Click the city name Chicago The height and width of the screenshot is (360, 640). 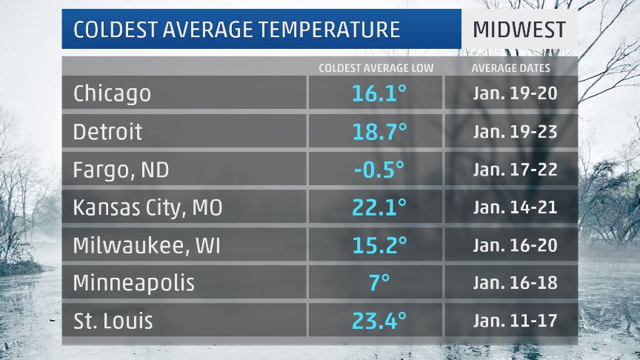click(x=112, y=93)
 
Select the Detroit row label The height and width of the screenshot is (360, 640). click(x=107, y=132)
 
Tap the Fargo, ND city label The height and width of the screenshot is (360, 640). click(x=121, y=170)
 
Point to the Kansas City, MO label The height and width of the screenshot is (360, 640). click(x=147, y=208)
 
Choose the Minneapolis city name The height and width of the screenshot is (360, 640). click(x=133, y=283)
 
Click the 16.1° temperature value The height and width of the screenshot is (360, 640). click(x=379, y=93)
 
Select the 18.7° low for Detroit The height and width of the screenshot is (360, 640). click(x=379, y=132)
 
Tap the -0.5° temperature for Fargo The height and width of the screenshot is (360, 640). click(x=379, y=170)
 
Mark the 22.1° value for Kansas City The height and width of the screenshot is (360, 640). click(x=379, y=208)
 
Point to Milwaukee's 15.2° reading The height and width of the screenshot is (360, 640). click(x=379, y=245)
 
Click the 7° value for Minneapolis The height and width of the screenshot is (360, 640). click(x=379, y=283)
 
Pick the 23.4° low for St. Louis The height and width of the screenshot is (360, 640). click(x=379, y=321)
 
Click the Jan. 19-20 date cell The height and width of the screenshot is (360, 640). click(x=515, y=93)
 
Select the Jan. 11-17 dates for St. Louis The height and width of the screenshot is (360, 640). click(x=515, y=321)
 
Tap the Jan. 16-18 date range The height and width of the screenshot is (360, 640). click(x=515, y=283)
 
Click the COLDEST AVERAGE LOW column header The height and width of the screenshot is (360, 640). click(x=376, y=68)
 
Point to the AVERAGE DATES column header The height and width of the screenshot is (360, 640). click(x=511, y=68)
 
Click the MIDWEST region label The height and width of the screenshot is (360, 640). click(x=519, y=30)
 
